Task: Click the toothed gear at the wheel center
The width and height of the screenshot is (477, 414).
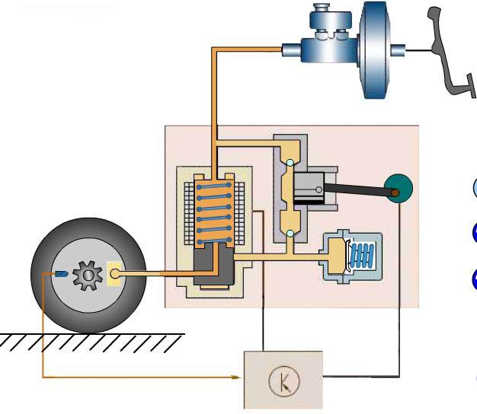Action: (88, 274)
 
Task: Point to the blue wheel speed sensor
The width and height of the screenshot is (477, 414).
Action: (60, 273)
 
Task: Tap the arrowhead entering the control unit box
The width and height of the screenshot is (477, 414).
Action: (238, 377)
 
